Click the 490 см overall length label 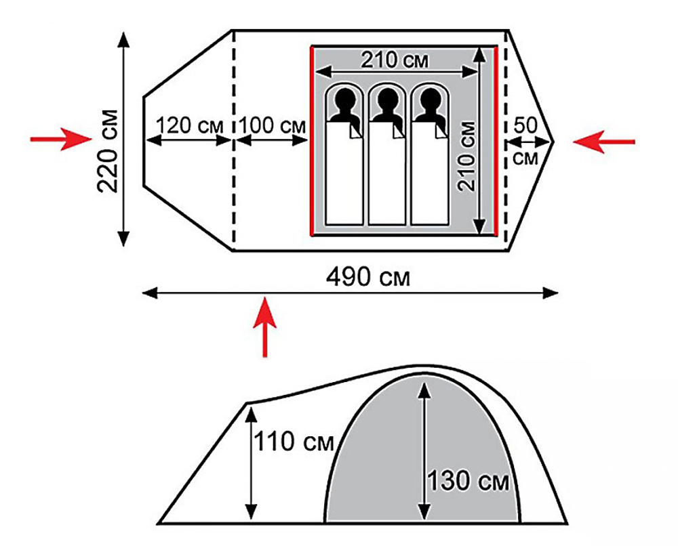click(x=367, y=277)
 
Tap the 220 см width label click(x=107, y=151)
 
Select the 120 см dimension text click(x=189, y=126)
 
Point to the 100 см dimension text click(x=272, y=126)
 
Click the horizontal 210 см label click(x=395, y=60)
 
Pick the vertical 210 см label click(x=467, y=156)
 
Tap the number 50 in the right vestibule click(x=525, y=126)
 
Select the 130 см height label click(x=468, y=480)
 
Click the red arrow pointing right click(x=61, y=139)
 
